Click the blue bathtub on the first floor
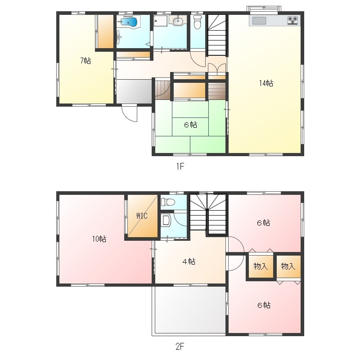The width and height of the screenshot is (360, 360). click(x=129, y=22)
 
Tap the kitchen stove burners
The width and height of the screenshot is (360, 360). click(x=293, y=20)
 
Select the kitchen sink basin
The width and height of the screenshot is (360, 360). click(x=259, y=21)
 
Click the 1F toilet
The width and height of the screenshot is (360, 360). click(x=197, y=22)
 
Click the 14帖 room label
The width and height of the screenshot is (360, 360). click(x=266, y=83)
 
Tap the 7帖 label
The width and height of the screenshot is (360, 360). click(x=85, y=61)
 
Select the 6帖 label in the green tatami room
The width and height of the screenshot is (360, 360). click(x=190, y=125)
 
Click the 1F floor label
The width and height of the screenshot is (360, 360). click(x=180, y=166)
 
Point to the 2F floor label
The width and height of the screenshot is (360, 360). click(x=180, y=346)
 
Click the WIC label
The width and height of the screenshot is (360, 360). click(x=142, y=216)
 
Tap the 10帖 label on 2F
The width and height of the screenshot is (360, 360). click(x=99, y=239)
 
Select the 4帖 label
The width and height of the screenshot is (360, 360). click(x=189, y=261)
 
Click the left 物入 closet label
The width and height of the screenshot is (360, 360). click(x=261, y=266)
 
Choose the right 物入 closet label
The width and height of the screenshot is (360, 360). click(x=288, y=266)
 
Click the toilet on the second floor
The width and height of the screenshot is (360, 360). click(x=168, y=202)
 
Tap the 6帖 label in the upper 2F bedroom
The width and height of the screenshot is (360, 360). click(x=263, y=223)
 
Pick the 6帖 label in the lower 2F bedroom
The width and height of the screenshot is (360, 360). click(x=264, y=305)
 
